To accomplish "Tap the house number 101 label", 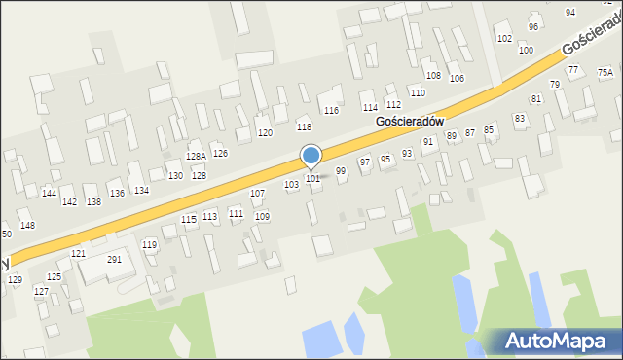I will click(312, 178).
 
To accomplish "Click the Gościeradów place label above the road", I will click(409, 121).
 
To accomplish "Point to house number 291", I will click(114, 260).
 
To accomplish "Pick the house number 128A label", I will click(196, 156).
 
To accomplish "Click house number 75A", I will click(605, 72).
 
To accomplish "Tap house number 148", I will click(27, 226).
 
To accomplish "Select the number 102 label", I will click(504, 39).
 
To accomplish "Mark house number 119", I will click(149, 244).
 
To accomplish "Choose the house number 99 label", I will click(341, 171).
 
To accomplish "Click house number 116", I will click(331, 111).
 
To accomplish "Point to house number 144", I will click(49, 194).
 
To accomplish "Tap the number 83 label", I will click(520, 118).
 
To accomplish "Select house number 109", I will click(262, 216).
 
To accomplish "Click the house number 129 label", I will click(15, 279).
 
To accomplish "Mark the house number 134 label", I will click(141, 191).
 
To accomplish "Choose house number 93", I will click(407, 154).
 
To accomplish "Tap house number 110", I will click(417, 92).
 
